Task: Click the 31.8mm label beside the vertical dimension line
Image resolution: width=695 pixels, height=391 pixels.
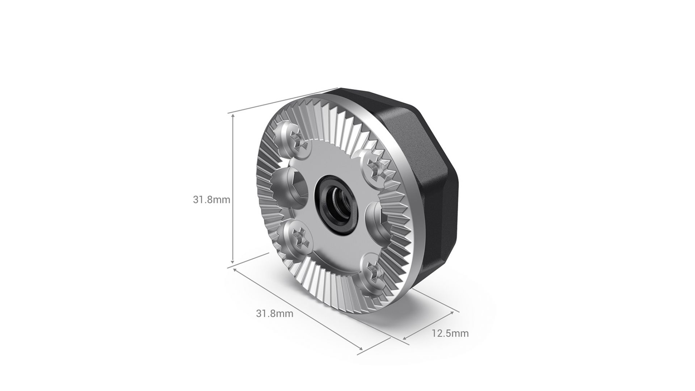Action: click(x=211, y=199)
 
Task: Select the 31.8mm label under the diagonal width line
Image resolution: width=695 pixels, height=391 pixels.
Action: click(x=275, y=314)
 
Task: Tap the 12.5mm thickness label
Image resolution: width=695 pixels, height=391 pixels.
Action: click(x=450, y=333)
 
